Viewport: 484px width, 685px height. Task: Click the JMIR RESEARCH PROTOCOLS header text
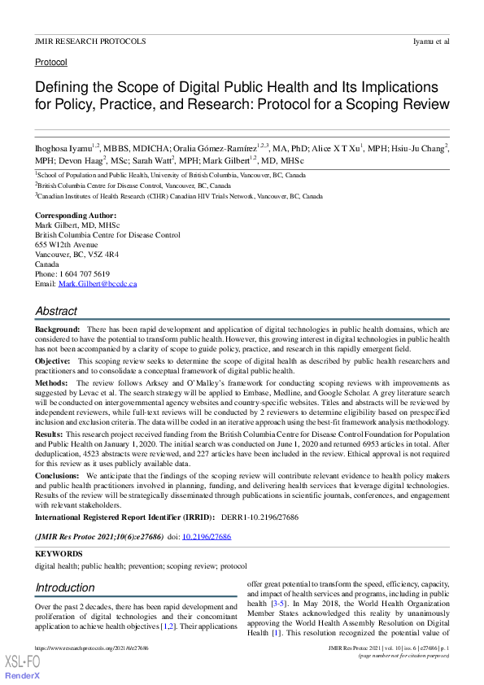click(x=90, y=41)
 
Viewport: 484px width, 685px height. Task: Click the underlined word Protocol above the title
click(x=50, y=62)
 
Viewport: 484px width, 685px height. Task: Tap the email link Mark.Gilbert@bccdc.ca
click(x=98, y=284)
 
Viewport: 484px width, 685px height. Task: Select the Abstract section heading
click(x=56, y=311)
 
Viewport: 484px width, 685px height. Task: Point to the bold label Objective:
click(x=54, y=360)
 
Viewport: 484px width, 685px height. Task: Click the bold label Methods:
click(x=51, y=382)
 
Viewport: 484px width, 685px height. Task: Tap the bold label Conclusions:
click(x=58, y=474)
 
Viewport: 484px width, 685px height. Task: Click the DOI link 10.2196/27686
click(x=207, y=538)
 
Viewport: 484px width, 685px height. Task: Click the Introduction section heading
click(x=65, y=587)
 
